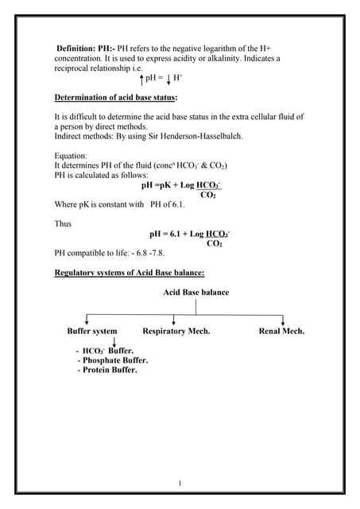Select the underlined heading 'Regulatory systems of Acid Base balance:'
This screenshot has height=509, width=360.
coord(130,273)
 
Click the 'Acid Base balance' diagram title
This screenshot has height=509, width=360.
coord(196,292)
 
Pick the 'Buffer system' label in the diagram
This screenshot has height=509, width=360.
coord(92,331)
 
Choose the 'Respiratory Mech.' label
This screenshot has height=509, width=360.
coord(176,331)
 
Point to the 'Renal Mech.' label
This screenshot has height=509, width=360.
coord(281,331)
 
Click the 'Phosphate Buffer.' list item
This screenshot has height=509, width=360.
coord(113,360)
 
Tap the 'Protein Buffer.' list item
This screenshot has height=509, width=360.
coord(107,370)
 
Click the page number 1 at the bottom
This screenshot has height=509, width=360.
coord(180,483)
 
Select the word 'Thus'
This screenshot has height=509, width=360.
coord(63,223)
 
